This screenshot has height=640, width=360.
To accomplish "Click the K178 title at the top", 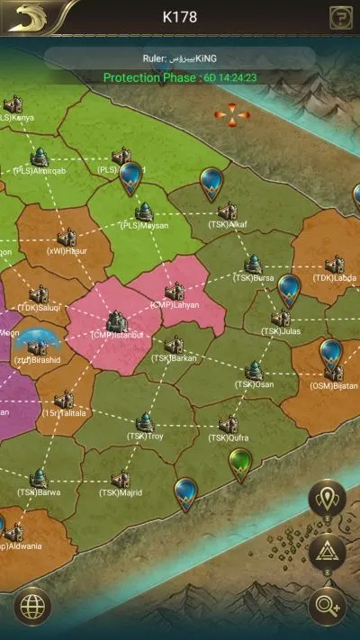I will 179,16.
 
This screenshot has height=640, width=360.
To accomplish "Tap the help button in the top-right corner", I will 341,16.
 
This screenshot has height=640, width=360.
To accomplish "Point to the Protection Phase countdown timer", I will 229,77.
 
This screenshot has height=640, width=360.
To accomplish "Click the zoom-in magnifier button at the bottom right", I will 327,605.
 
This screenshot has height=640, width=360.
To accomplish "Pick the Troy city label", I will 144,437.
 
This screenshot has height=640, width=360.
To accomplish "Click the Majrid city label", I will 121,492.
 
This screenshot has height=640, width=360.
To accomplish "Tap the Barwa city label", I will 39,492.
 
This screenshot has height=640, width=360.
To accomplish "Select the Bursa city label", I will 254,278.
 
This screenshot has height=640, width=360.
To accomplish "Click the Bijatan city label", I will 334,385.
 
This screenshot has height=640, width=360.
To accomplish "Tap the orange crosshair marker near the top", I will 232,114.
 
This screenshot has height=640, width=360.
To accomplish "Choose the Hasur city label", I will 67,251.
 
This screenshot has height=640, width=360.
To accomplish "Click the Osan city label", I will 254,384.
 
